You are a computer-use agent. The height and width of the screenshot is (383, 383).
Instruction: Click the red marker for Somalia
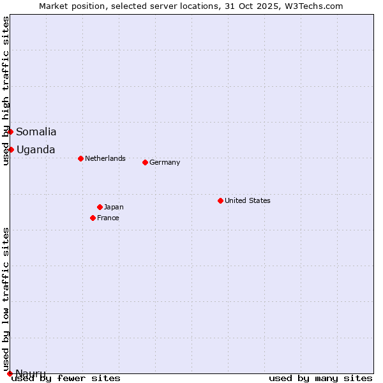10,131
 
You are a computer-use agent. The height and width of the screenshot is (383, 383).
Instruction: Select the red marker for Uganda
11,149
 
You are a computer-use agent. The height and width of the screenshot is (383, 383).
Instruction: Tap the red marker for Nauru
10,373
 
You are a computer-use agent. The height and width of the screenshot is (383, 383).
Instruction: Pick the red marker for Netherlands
80,158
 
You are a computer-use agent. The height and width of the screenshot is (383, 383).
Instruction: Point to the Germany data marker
145,162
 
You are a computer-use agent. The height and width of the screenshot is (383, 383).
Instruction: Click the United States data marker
220,200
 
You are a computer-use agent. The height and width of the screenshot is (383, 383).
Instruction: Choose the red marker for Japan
100,207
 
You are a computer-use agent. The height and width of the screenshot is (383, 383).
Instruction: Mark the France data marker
93,218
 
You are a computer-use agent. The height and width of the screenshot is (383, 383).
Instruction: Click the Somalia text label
36,132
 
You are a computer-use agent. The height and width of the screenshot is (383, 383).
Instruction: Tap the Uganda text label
36,150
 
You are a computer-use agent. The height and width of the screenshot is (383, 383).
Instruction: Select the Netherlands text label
105,158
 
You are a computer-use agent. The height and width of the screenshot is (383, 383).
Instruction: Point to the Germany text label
165,162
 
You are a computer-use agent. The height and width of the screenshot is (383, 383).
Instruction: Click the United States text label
248,200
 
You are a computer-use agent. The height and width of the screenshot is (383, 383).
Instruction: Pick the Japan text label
114,207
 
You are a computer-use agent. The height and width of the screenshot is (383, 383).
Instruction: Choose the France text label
108,218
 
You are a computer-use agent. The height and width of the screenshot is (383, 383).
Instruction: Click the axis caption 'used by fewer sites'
66,378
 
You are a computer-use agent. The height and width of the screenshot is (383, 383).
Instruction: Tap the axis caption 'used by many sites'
320,378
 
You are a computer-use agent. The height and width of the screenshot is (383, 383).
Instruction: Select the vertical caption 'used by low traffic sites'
6,299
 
